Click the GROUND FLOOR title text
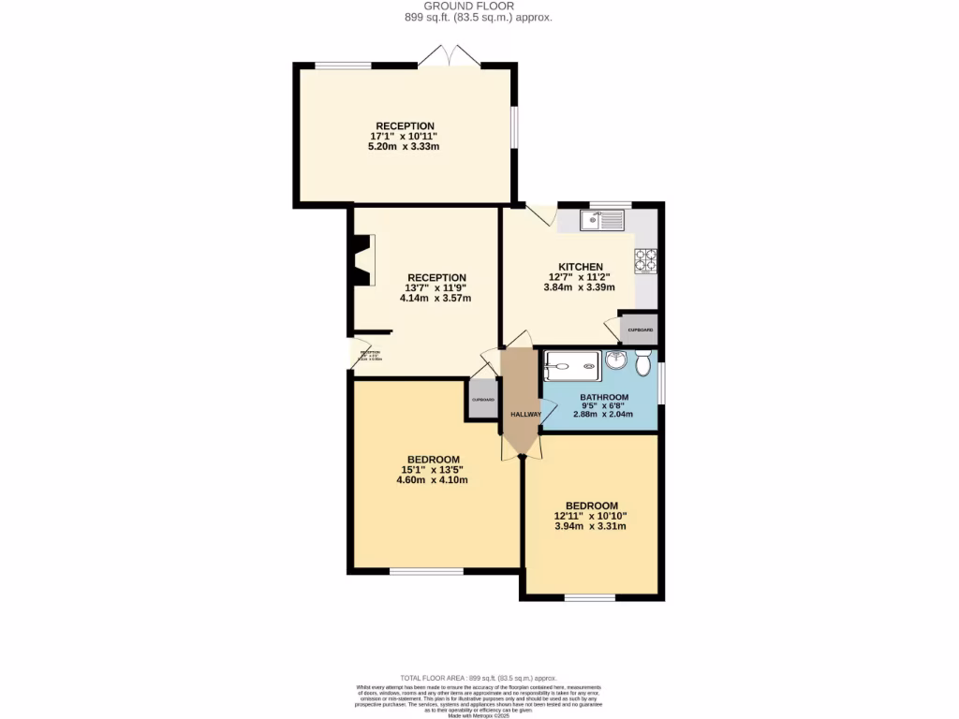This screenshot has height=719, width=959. click(479, 6)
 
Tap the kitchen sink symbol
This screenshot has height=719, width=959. click(601, 221)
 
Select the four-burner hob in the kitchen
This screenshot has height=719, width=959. click(646, 260)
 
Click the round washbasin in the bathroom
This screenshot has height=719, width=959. click(615, 361)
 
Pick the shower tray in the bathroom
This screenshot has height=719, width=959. click(572, 366)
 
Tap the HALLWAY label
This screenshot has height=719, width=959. click(525, 414)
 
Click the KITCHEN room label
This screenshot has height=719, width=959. click(575, 266)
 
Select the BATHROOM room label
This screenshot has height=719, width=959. click(603, 397)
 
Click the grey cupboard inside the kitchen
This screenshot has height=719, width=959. click(640, 330)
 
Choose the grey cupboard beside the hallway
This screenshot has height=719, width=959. click(482, 401)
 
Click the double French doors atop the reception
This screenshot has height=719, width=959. click(450, 56)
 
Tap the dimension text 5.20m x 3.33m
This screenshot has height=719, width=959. click(405, 147)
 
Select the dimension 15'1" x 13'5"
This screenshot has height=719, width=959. click(432, 469)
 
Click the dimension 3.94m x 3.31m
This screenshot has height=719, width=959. click(591, 526)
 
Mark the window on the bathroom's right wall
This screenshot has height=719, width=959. click(661, 383)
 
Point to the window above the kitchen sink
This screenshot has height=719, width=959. click(610, 204)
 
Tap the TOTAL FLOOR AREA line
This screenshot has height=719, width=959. click(479, 678)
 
